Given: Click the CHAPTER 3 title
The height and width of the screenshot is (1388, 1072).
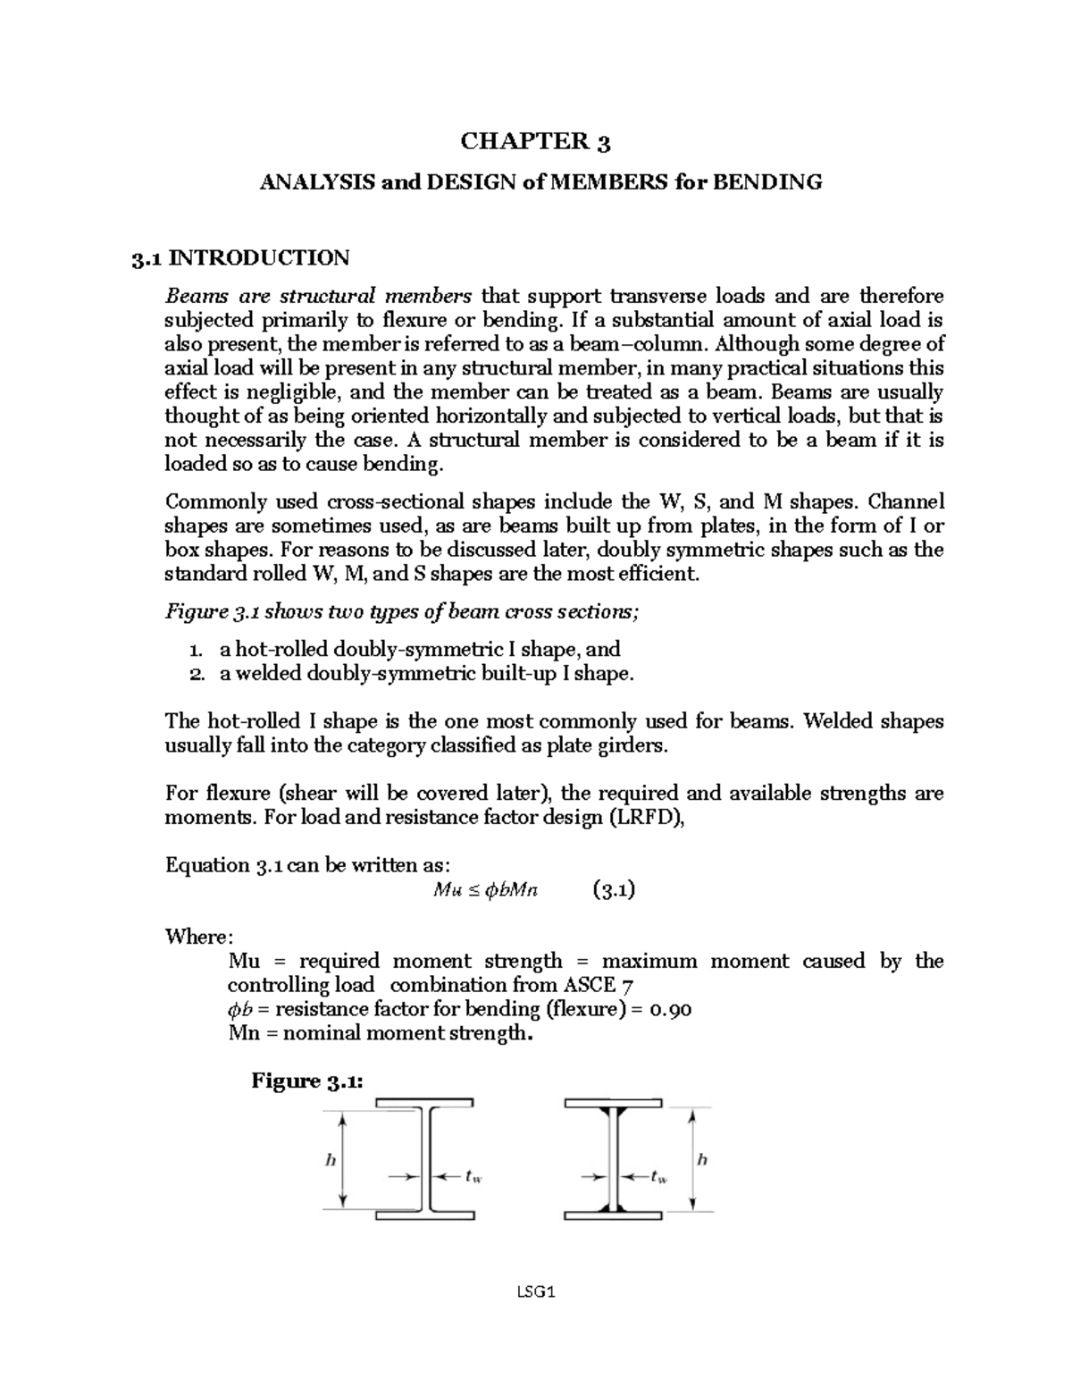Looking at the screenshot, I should pyautogui.click(x=535, y=141).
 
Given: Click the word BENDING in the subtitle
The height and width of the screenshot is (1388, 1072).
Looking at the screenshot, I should pyautogui.click(x=776, y=182).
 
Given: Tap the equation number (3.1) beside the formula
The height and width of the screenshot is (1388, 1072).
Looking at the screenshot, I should pyautogui.click(x=613, y=890).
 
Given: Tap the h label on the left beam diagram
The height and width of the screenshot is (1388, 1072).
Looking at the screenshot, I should pyautogui.click(x=330, y=1160).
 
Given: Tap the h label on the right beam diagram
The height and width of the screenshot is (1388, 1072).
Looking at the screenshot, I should pyautogui.click(x=701, y=1159).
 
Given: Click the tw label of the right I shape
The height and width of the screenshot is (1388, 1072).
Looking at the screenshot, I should pyautogui.click(x=659, y=1177).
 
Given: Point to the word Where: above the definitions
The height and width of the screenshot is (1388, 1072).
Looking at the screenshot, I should pyautogui.click(x=199, y=937).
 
